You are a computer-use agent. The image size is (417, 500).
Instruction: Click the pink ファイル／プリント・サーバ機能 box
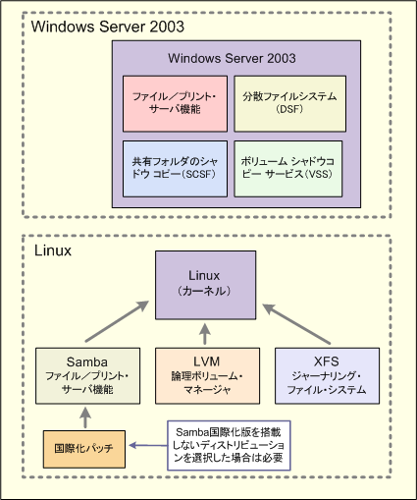click(x=175, y=104)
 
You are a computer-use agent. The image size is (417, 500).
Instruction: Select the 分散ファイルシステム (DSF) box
click(x=289, y=104)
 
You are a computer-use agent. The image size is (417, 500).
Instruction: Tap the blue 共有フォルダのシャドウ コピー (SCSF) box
click(x=175, y=169)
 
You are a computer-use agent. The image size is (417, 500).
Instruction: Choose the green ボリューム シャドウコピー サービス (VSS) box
click(x=288, y=169)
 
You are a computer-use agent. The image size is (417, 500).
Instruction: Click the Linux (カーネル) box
click(x=205, y=285)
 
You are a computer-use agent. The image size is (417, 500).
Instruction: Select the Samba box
click(x=87, y=375)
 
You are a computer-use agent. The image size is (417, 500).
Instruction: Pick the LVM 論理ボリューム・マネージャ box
click(x=207, y=375)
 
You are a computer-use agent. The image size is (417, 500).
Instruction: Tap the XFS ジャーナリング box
click(x=327, y=375)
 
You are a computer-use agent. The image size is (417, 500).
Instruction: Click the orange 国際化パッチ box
click(x=84, y=449)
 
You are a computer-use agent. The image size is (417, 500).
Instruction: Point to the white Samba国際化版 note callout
click(x=229, y=446)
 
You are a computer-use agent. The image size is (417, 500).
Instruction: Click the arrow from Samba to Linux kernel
click(x=117, y=321)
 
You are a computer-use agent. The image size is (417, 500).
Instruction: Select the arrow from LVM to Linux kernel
click(x=205, y=334)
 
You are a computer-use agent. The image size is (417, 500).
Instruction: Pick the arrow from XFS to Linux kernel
click(x=296, y=323)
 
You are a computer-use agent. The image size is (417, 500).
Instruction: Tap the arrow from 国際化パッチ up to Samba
click(x=85, y=417)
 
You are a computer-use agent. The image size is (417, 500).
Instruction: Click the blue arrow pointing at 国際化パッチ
click(x=148, y=445)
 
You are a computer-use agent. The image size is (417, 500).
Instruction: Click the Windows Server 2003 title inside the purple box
click(x=232, y=58)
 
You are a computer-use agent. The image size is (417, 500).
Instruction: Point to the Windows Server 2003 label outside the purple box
click(x=108, y=27)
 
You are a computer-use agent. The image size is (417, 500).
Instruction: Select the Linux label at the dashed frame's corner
click(x=53, y=250)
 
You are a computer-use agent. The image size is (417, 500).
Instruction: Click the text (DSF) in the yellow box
click(x=289, y=109)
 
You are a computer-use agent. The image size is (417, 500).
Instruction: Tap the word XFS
click(x=326, y=361)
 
